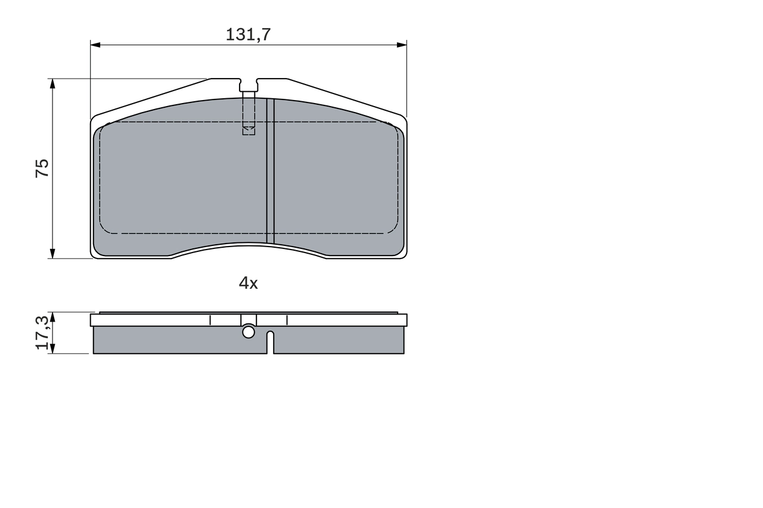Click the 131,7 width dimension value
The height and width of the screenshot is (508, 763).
click(x=248, y=35)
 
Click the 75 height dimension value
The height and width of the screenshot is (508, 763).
click(x=42, y=168)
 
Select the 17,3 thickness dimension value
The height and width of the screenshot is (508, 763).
click(x=42, y=332)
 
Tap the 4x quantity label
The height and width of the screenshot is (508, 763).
click(x=248, y=283)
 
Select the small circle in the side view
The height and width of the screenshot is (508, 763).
click(x=249, y=332)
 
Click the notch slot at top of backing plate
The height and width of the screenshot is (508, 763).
click(x=249, y=85)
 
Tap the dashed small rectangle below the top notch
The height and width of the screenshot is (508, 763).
click(x=249, y=130)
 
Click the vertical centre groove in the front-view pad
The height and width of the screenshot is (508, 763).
click(x=270, y=173)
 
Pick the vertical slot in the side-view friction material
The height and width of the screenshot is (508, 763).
click(x=270, y=343)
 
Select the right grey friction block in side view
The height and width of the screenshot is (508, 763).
click(x=340, y=341)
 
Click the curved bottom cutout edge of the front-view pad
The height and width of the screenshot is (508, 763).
click(x=249, y=245)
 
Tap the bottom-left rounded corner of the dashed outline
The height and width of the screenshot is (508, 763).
click(x=104, y=229)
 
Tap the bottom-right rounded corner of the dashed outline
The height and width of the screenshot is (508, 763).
click(x=393, y=229)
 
